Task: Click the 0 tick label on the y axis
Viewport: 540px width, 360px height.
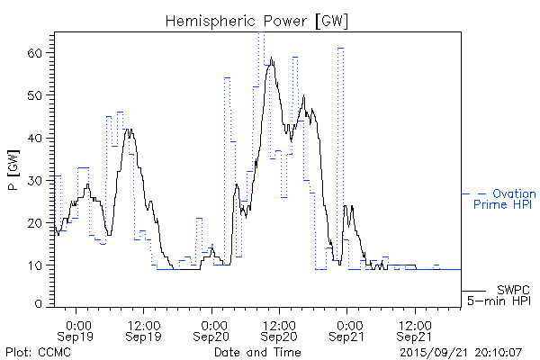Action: [40, 304]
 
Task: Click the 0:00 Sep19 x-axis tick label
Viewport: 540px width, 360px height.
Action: [78, 329]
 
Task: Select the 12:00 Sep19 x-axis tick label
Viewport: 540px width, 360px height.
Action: [144, 329]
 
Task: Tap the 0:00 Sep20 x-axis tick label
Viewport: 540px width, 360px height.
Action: [212, 329]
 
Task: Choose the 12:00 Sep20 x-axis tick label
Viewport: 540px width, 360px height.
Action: [279, 329]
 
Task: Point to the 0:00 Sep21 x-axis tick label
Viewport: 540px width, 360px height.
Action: [347, 329]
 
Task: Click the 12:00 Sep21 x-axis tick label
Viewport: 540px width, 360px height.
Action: [414, 329]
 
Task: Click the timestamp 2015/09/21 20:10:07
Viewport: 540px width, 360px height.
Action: [461, 350]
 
